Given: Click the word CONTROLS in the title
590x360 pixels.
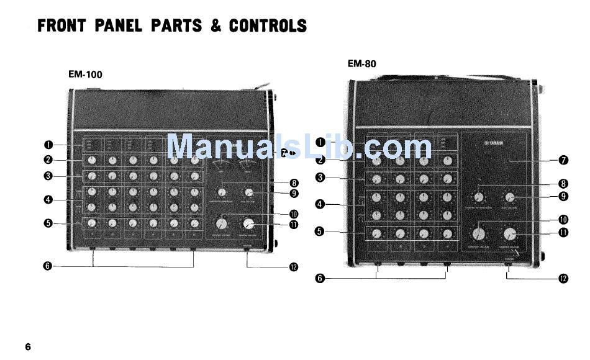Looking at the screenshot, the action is pos(268,25).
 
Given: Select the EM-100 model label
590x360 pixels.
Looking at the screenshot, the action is pos(85,74).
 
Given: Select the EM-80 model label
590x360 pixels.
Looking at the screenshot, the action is pos(361,63).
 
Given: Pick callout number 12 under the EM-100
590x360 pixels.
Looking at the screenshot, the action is pos(294,267).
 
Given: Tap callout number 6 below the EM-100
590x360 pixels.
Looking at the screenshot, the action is pos(48,266).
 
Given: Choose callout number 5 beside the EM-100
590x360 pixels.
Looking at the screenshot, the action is pos(48,223).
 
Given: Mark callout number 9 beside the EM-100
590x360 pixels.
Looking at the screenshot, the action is pos(294,193).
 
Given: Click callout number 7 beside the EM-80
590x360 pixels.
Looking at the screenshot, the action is pos(563,160).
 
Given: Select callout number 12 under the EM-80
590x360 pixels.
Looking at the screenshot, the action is pos(563,278).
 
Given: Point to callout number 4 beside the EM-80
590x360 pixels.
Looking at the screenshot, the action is pos(320,204).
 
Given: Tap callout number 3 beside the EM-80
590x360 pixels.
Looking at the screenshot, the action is pos(320,178).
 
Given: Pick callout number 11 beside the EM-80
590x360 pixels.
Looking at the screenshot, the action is pos(563,233).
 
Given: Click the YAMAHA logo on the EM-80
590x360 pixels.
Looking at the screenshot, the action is pos(494,147).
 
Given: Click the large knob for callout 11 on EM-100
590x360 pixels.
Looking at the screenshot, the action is pos(249,223).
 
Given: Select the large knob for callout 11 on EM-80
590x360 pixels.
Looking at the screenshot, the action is pos(510,234).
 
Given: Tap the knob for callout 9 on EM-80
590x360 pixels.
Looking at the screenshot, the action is pos(509,197).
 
